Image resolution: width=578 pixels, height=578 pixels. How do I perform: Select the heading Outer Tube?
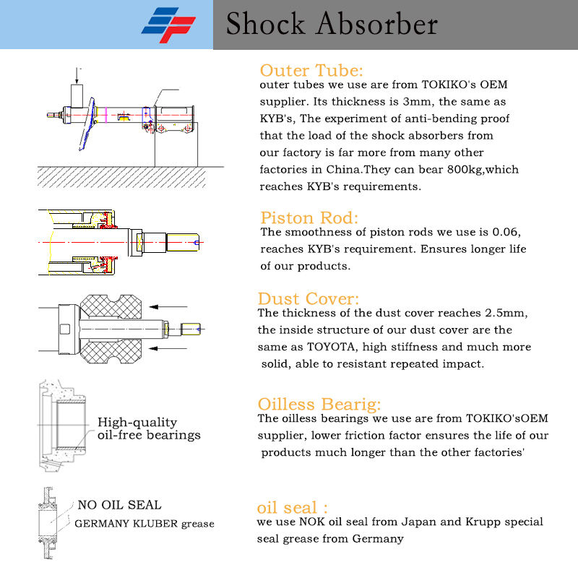pos(311,71)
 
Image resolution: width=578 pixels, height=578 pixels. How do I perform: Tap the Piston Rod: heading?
pos(309,218)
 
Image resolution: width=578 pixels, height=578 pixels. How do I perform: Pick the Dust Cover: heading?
pos(309,299)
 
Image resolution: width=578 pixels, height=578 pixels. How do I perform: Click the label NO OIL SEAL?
pos(120,505)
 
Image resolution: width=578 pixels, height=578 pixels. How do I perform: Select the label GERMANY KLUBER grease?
pos(144,524)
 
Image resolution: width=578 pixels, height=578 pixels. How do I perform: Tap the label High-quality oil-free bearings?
pos(148,428)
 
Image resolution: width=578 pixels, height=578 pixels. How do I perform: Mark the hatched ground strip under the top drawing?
pos(130,176)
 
